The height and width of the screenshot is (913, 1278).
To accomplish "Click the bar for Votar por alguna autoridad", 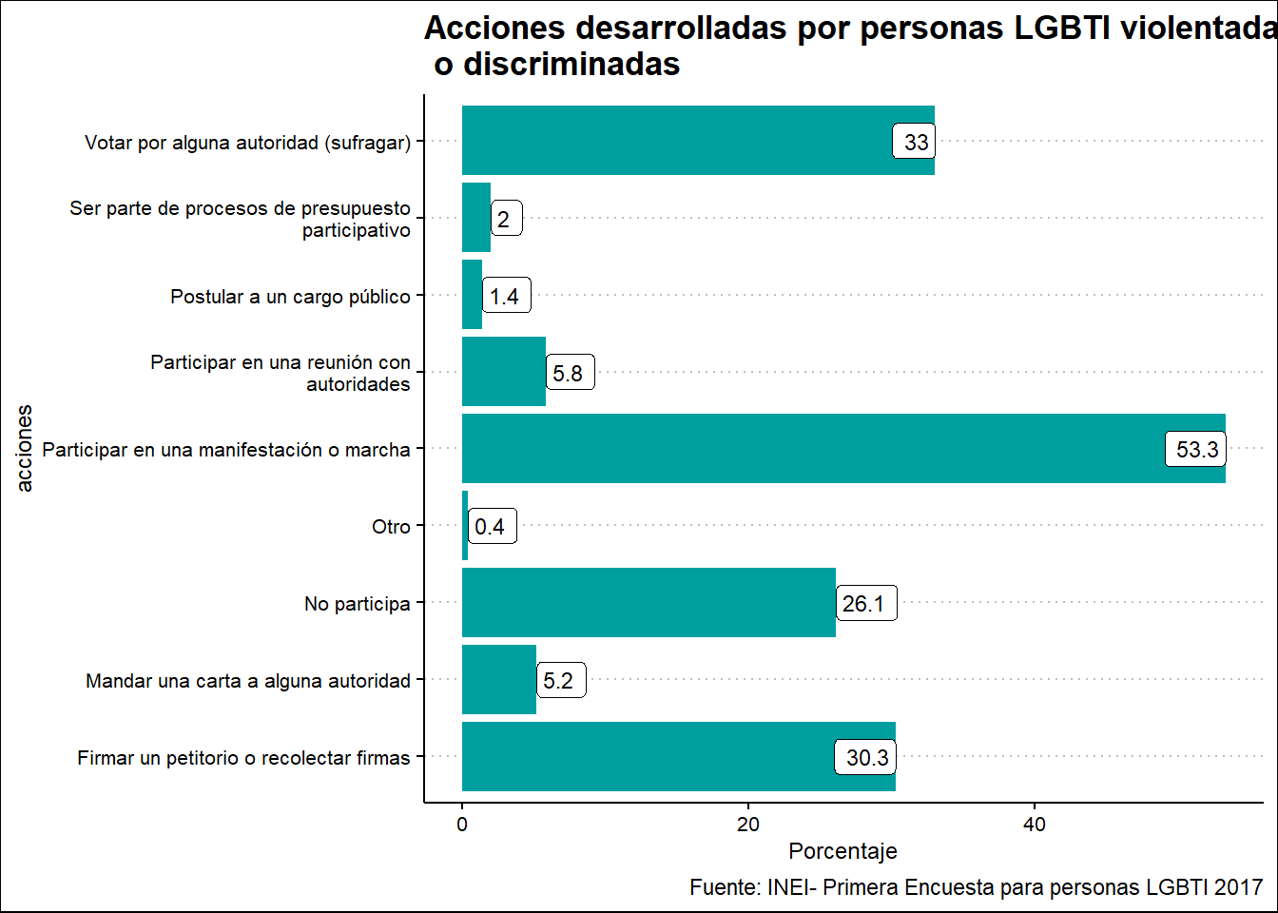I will (675, 141).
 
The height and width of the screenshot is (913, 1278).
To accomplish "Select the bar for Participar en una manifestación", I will (808, 448).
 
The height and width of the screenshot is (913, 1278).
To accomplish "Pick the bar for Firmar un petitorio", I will (647, 756).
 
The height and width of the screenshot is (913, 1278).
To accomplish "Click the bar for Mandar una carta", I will (499, 679).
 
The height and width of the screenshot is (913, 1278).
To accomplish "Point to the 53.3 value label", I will (1196, 450).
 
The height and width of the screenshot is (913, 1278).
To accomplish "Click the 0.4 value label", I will (491, 527).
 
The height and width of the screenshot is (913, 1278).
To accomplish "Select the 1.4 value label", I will (505, 297).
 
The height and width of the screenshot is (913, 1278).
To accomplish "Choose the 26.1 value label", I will (864, 604).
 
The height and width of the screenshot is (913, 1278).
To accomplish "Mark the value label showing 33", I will (916, 143).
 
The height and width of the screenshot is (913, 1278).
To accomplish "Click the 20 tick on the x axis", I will (748, 825).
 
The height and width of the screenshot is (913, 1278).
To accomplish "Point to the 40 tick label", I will (1035, 825).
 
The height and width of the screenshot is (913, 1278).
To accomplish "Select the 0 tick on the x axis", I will (462, 825).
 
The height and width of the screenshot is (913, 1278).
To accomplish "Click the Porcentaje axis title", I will (842, 851).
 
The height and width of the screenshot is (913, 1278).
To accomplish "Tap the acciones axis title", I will (25, 448).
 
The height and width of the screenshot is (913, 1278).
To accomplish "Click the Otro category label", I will (391, 527).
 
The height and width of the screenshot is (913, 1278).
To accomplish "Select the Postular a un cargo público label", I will (290, 297).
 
